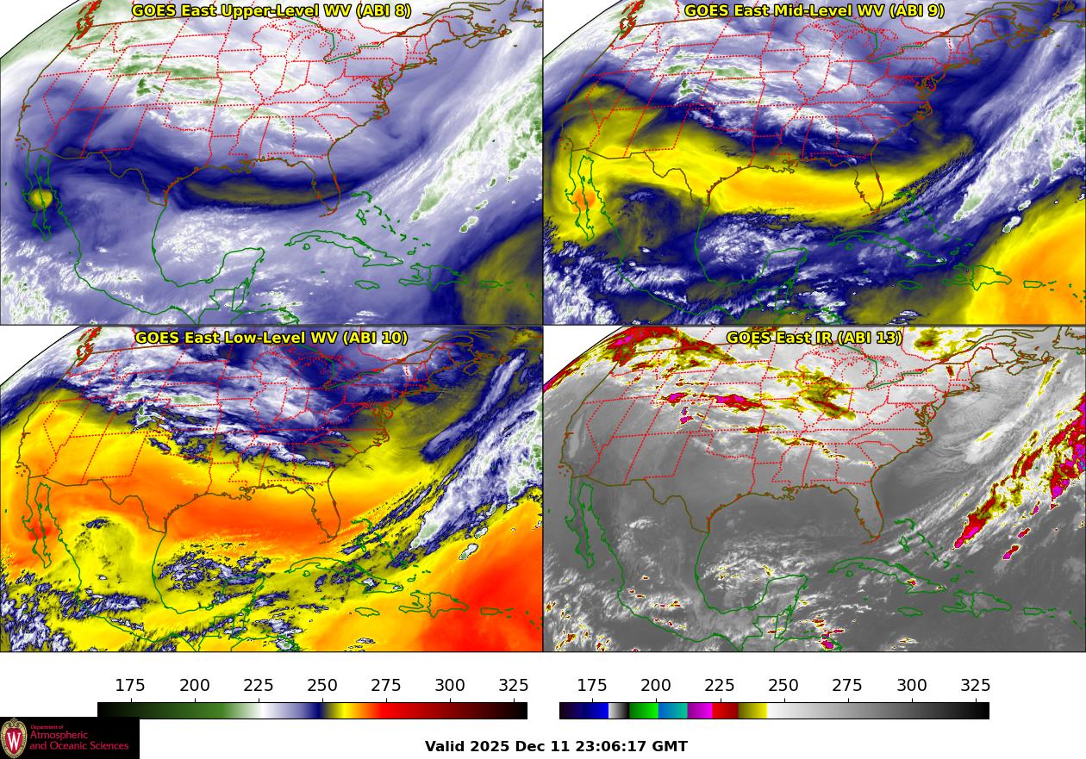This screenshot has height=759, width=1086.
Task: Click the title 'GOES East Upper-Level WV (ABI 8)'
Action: point(271,11)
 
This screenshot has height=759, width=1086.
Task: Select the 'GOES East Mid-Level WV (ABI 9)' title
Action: point(814,11)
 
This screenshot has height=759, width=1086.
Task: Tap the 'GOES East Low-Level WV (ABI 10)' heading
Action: point(271,338)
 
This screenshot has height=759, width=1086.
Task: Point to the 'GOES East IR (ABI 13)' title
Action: point(814,338)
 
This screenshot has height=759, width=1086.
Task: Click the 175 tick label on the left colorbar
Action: point(130,686)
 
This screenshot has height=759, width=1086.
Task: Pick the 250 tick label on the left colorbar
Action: point(322,686)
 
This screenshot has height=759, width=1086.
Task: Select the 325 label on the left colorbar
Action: point(514,686)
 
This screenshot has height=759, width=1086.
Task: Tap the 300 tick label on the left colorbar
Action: point(450,686)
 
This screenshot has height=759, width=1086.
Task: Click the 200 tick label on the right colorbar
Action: point(656,686)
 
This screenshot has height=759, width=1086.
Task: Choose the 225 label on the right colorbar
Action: point(720,686)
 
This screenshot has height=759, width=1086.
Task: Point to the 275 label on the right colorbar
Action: point(847,686)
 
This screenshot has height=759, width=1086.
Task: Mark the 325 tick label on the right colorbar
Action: point(976,686)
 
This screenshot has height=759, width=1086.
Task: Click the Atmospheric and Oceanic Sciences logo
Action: point(69,738)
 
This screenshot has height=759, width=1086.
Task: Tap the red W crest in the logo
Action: point(14,738)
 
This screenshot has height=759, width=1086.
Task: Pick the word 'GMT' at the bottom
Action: point(670,747)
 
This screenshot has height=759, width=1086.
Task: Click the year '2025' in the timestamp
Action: point(493,747)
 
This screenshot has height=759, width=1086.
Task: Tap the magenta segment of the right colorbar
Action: point(699,711)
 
